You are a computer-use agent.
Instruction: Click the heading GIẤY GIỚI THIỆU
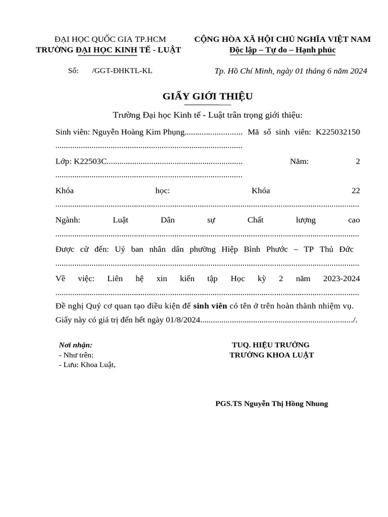207,96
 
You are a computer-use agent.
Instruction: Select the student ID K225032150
337,132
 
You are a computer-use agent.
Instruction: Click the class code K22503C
90,162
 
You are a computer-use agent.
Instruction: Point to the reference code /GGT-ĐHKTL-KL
122,71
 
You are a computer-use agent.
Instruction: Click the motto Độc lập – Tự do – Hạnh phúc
282,50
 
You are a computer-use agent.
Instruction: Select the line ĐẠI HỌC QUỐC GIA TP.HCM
110,39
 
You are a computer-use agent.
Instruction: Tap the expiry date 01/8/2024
183,320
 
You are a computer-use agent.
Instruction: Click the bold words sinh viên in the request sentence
210,306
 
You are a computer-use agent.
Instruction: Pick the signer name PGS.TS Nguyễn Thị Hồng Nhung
271,404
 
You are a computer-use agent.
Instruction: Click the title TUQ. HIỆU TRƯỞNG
270,345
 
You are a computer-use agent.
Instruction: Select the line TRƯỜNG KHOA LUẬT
271,355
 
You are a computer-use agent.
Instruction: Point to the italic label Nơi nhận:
75,345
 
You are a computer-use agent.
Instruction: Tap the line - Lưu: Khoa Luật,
87,365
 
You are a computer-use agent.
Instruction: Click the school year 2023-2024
341,279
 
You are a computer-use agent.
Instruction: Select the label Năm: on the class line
299,162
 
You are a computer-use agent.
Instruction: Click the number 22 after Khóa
356,191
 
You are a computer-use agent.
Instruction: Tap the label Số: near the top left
73,71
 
